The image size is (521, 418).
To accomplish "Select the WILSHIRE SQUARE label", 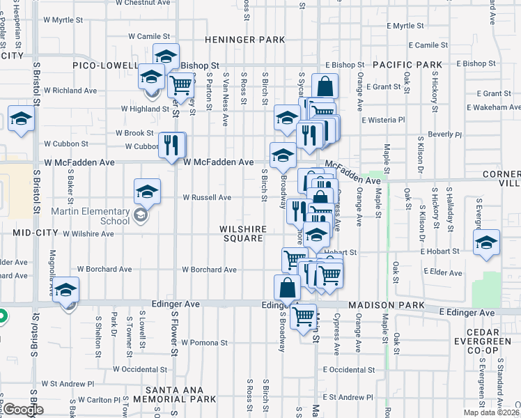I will click(241, 233).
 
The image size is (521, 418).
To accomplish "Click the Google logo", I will click(22, 410).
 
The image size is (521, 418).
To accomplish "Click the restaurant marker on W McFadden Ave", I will click(172, 145).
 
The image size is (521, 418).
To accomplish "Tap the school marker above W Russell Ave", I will click(148, 191).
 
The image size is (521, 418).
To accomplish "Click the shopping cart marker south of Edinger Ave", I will click(304, 317).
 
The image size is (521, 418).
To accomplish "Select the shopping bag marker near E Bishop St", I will click(325, 87).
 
